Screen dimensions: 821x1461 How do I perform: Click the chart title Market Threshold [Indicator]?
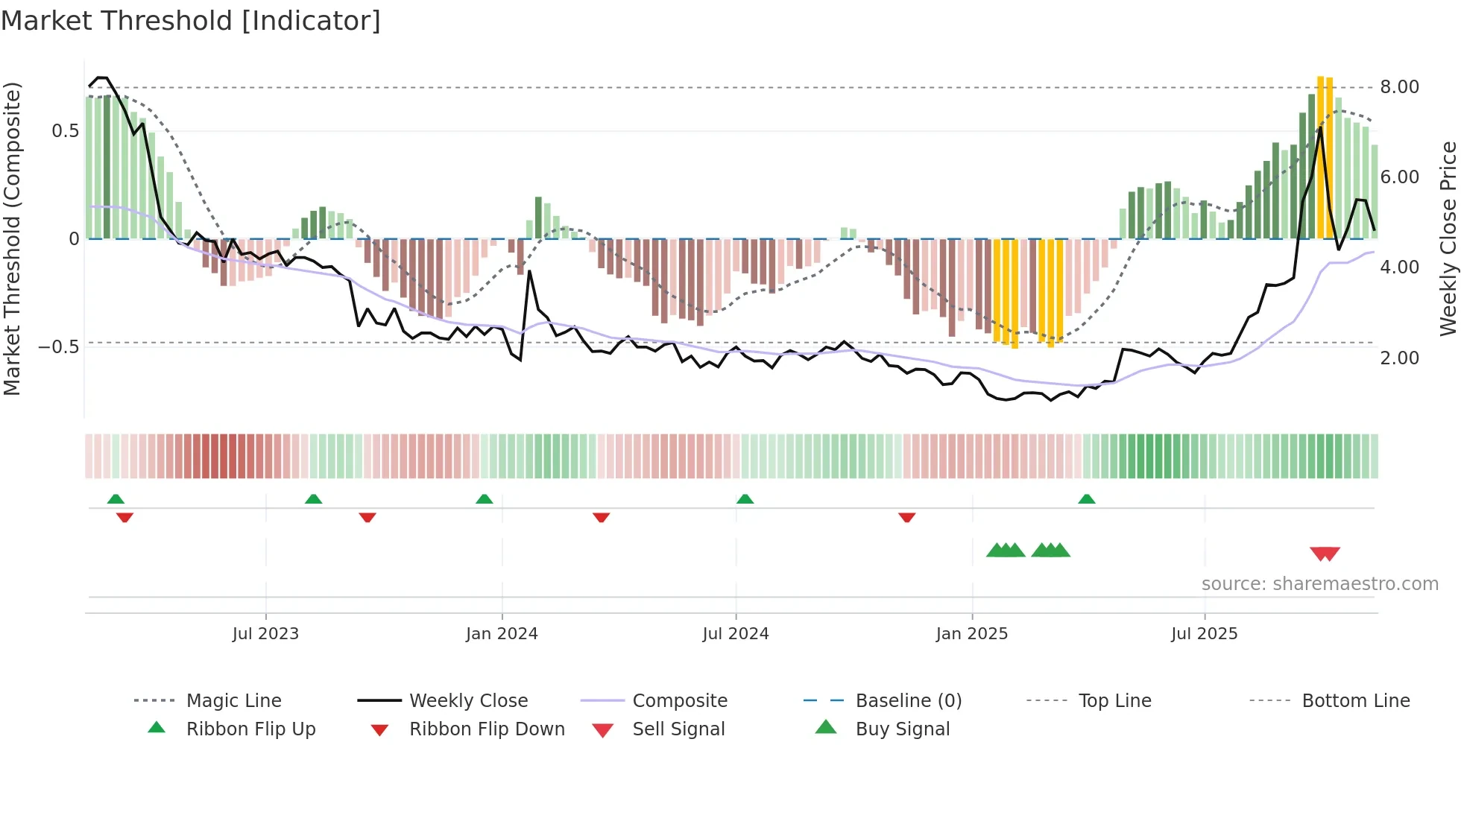(191, 21)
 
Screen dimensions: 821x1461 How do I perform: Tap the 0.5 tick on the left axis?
(65, 131)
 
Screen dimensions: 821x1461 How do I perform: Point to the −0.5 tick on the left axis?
(59, 347)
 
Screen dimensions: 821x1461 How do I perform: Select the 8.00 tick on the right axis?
(1399, 87)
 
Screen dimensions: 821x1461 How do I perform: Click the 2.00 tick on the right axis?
(1399, 358)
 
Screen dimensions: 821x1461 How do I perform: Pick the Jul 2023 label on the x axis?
(265, 634)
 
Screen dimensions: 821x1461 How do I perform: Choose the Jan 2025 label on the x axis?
(971, 634)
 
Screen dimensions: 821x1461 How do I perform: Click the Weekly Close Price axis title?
(1448, 238)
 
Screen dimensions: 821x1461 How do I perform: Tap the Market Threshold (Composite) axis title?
(12, 238)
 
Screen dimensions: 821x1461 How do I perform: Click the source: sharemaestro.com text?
(1319, 584)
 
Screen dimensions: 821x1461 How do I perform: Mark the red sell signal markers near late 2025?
(1325, 554)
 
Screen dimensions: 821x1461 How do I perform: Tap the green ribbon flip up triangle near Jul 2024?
(745, 499)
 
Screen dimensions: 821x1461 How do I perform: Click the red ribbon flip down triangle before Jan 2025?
(906, 517)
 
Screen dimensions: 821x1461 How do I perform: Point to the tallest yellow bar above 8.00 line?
(1320, 156)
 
